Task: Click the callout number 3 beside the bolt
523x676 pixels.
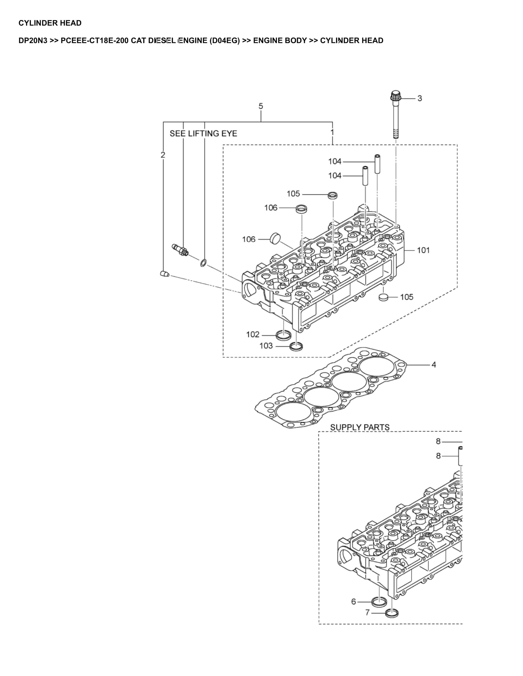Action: (420, 98)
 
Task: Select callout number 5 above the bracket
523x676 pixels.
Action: (261, 106)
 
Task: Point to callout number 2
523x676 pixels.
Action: (163, 155)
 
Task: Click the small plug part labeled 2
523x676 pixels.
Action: (165, 274)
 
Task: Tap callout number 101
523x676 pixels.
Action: (423, 250)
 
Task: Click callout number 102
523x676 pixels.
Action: (253, 334)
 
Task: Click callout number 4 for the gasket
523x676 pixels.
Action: (434, 365)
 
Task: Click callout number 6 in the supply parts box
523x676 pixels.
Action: (354, 601)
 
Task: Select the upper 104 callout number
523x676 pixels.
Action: (335, 161)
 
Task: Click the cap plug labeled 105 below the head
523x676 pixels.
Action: (383, 297)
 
